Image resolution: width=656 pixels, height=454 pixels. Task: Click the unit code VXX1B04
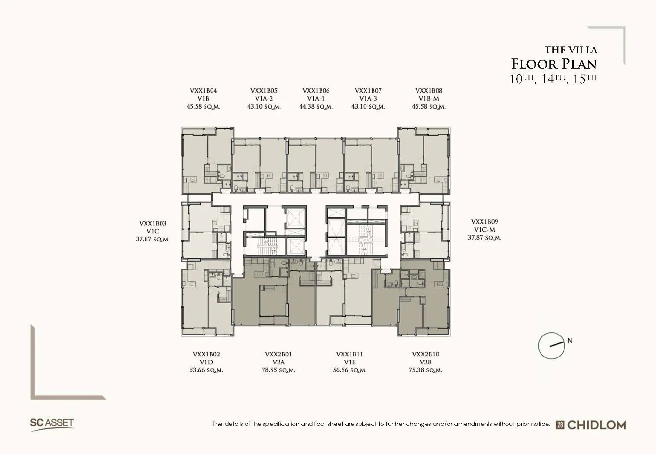203,91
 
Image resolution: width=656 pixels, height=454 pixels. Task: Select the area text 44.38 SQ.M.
316,107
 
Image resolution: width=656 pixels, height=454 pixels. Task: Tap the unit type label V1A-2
264,99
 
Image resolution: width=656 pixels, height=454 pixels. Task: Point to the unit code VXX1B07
368,91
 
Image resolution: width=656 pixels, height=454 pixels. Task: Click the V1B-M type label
429,99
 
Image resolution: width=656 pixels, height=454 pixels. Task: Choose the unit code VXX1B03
153,223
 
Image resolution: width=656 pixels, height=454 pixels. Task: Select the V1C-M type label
484,230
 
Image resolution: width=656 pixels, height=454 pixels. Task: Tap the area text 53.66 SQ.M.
206,370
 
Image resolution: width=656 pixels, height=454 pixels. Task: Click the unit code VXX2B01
278,354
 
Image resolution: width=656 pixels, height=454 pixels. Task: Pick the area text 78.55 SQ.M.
278,370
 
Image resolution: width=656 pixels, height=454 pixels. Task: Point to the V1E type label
350,362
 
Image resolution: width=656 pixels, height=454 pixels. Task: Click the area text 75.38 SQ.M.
425,370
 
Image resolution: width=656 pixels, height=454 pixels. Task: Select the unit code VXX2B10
425,354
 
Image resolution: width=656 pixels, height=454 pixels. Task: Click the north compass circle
538,346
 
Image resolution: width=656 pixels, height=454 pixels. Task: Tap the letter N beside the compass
570,340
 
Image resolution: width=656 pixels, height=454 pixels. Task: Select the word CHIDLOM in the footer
597,425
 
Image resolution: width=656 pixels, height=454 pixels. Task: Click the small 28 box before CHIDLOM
560,425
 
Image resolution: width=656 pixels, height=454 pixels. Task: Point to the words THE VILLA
571,50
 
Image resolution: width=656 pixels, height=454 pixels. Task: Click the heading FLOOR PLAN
554,64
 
